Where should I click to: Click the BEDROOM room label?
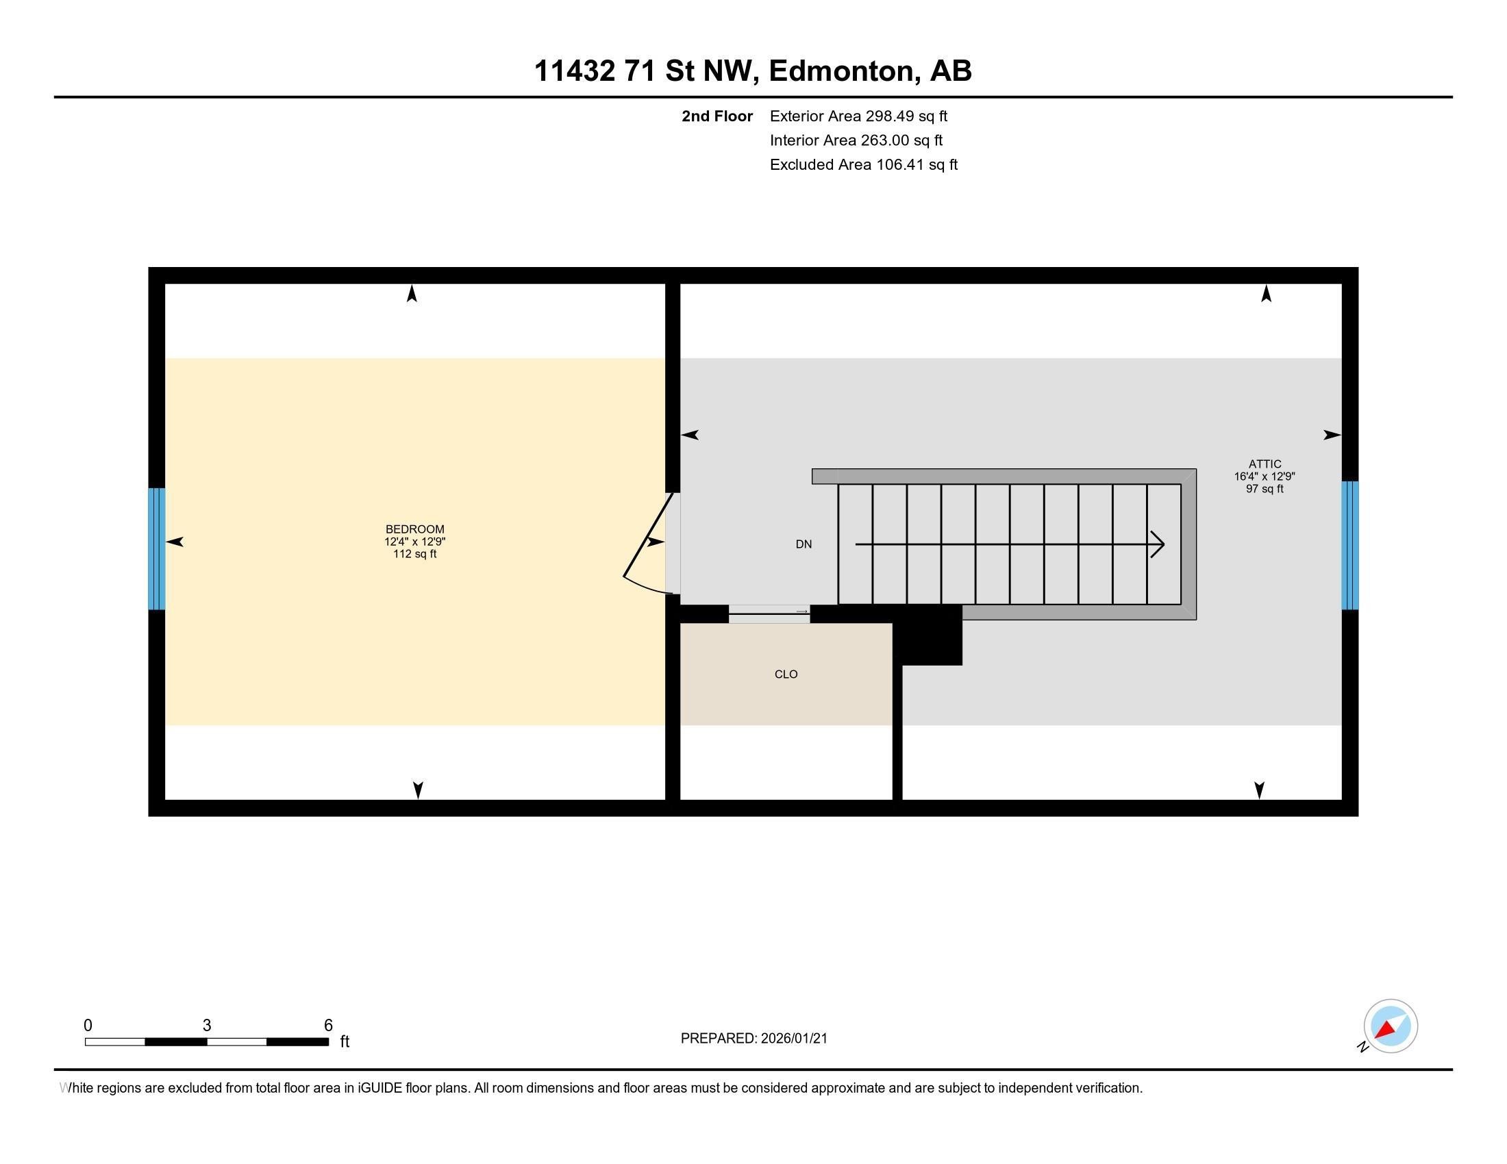(x=414, y=529)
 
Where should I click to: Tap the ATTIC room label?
(x=1264, y=464)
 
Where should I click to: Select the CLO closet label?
(x=786, y=674)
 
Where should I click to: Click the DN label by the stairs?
(x=804, y=544)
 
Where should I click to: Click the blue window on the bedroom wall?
(x=157, y=549)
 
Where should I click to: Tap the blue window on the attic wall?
(x=1349, y=545)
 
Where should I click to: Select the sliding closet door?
(x=769, y=613)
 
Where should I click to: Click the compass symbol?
(x=1390, y=1026)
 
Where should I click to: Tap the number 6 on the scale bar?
(x=328, y=1025)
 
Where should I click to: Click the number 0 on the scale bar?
(x=88, y=1025)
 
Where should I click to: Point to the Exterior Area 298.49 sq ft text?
(x=858, y=116)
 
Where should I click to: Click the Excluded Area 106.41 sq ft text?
(x=863, y=164)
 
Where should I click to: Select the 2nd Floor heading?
(x=717, y=116)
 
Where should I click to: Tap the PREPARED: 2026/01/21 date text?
(x=754, y=1039)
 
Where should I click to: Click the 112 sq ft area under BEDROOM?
(x=414, y=554)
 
